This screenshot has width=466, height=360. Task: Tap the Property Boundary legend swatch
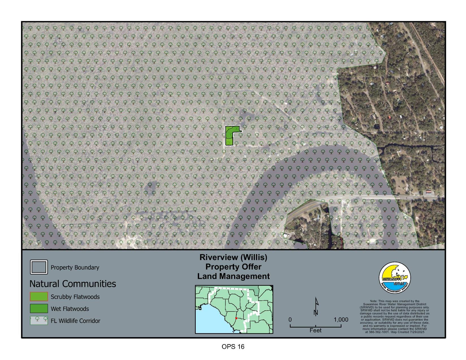point(39,267)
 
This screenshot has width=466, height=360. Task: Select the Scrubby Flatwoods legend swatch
point(39,297)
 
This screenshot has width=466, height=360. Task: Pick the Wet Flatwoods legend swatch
point(39,309)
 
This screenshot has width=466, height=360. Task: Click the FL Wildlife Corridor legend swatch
point(39,320)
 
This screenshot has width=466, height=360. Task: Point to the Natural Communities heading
point(73,283)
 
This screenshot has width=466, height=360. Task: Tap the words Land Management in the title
point(233,276)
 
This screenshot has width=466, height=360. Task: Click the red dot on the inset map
point(236,318)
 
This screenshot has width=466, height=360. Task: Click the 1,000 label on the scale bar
point(341,320)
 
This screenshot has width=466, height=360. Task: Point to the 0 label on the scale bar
point(290,320)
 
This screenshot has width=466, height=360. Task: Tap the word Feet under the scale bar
point(315,330)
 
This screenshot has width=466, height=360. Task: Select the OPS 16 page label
point(233,347)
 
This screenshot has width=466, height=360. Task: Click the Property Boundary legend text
point(75,267)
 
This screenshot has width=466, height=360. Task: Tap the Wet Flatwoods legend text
point(70,309)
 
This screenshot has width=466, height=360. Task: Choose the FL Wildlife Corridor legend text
point(75,321)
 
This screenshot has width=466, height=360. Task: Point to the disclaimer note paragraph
point(395,317)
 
